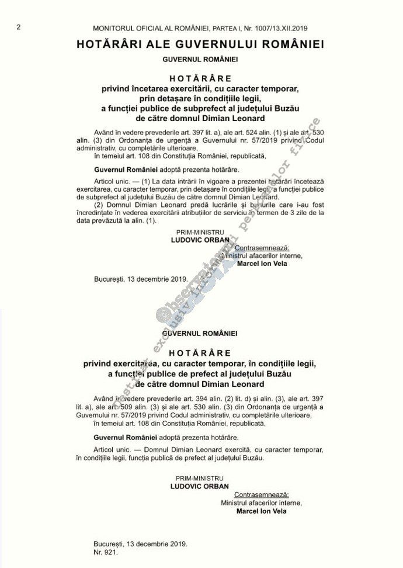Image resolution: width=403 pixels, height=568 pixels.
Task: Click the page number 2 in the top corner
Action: click(x=19, y=27)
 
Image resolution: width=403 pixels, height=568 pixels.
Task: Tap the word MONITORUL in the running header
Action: click(x=114, y=28)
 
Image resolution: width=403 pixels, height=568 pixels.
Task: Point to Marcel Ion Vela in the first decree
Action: click(x=262, y=264)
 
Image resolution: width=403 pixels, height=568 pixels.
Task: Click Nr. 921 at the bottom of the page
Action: click(x=104, y=551)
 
